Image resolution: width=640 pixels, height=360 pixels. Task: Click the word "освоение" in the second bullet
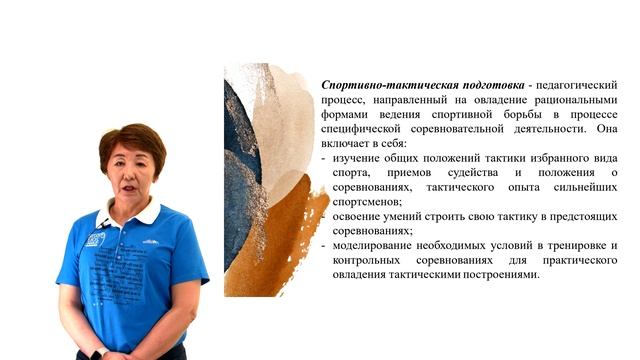point(358,216)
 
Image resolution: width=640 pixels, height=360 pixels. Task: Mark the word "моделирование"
point(374,245)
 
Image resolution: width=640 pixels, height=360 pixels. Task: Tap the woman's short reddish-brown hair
point(130,140)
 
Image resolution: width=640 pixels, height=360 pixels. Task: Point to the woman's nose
point(130,177)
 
